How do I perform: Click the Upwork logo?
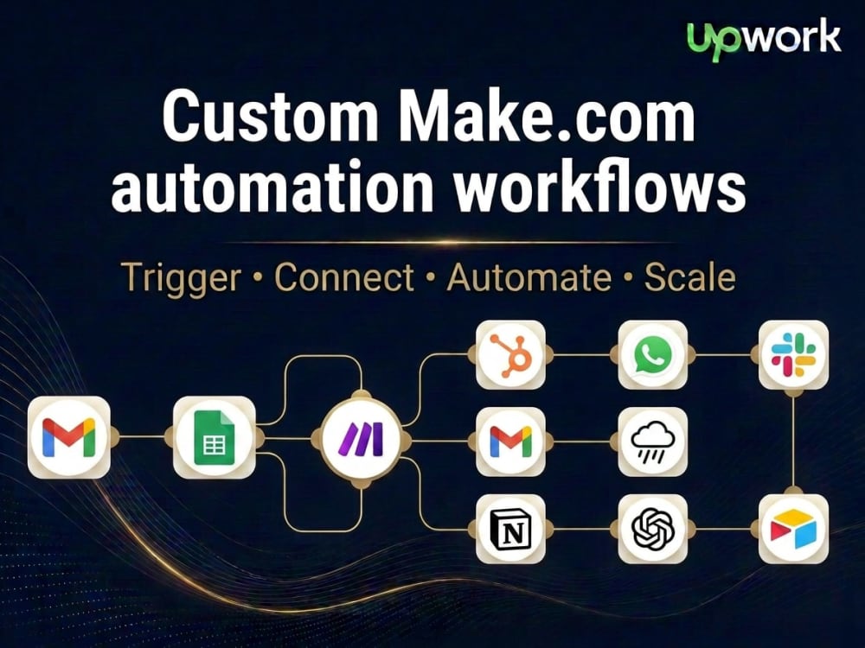tap(764, 39)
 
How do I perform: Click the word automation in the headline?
tap(273, 187)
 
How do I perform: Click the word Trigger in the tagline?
tap(181, 278)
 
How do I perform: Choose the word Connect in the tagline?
tap(344, 276)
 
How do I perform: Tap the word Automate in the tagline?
tap(529, 276)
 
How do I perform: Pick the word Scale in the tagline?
tap(689, 276)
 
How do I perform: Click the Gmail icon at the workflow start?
tap(69, 437)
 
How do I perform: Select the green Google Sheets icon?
tap(215, 437)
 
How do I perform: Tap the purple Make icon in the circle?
tap(362, 439)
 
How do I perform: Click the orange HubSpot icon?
tap(511, 355)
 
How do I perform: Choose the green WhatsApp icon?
tap(652, 355)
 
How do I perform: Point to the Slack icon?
tap(794, 355)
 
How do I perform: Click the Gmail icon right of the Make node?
tap(511, 442)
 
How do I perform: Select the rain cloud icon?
tap(652, 442)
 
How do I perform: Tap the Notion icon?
tap(511, 529)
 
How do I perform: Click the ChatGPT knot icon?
tap(652, 529)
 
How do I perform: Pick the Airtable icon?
tap(794, 529)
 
